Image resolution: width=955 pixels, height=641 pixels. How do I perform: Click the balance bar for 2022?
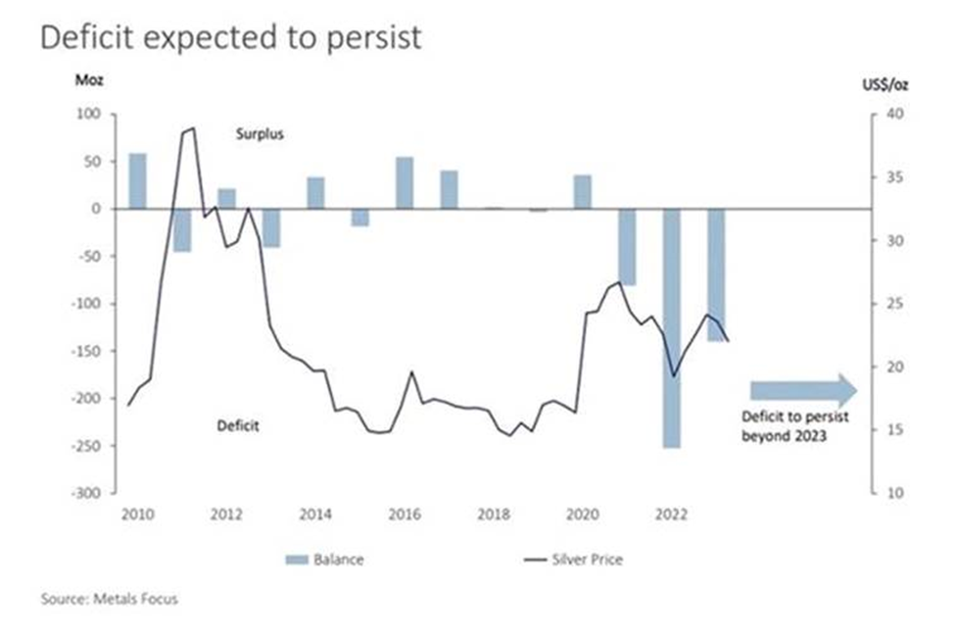(671, 327)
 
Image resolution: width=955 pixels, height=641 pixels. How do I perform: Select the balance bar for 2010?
(138, 181)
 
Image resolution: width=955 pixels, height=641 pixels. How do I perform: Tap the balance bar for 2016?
(405, 183)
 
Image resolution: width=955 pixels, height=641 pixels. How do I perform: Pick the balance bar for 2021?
(627, 246)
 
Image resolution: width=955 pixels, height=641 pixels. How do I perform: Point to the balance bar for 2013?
(271, 227)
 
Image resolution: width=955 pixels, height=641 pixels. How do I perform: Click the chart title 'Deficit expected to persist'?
(231, 37)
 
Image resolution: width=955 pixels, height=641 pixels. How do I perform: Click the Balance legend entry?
(327, 560)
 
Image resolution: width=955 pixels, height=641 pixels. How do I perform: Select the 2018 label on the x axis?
(494, 514)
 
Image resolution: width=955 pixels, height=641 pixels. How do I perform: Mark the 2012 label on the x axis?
(226, 514)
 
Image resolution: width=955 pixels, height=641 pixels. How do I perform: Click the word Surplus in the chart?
(260, 134)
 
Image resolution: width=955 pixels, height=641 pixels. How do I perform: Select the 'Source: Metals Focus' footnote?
(110, 598)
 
